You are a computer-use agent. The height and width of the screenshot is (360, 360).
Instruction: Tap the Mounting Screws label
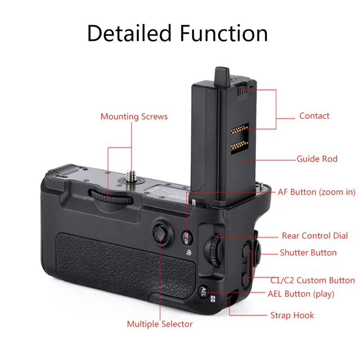coord(134,117)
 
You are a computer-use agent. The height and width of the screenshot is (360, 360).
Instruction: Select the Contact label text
coord(314,116)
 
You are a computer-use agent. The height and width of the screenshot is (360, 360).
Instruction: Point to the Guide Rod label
coord(317,159)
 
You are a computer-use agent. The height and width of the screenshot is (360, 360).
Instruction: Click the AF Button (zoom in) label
coord(316,192)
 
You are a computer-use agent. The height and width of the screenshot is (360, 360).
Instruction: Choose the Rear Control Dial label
coord(315,235)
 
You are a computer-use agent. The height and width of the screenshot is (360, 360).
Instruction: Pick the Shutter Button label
coord(308,252)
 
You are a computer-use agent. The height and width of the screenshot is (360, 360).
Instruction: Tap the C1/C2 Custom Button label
coord(312,280)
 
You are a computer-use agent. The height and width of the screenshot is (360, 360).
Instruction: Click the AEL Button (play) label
coord(301,294)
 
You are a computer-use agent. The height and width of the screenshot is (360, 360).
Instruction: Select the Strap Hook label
coord(292,315)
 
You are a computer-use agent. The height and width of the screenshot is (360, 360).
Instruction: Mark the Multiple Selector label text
coord(160,324)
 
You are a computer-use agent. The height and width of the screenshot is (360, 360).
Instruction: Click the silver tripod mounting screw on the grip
coord(132,173)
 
